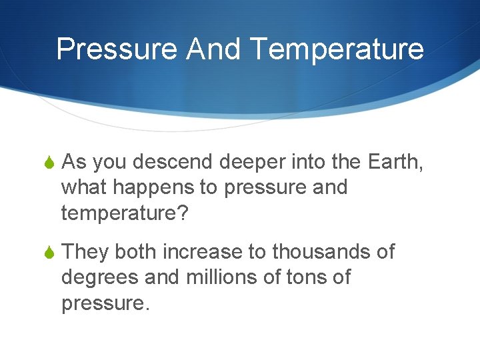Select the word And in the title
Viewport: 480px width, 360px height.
pos(207,49)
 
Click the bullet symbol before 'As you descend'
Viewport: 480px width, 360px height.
pos(49,162)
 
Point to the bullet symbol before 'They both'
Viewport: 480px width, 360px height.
pos(49,253)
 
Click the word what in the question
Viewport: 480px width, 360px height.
pos(84,187)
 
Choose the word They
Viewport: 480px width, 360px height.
pos(85,252)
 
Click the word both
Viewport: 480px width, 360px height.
pos(136,252)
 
